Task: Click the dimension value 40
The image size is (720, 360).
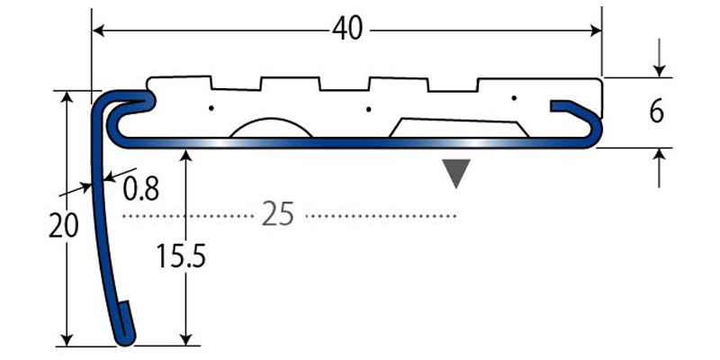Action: (346, 30)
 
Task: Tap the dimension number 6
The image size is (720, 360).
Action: (656, 112)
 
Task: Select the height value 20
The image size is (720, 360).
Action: (63, 224)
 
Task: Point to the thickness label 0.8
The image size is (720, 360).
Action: (140, 189)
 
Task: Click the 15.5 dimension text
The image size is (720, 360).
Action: (183, 258)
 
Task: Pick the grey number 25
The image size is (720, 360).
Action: (278, 216)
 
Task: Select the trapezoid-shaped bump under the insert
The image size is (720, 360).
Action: (457, 128)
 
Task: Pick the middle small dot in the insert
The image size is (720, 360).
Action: (369, 111)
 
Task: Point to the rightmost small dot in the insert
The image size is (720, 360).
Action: (513, 97)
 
